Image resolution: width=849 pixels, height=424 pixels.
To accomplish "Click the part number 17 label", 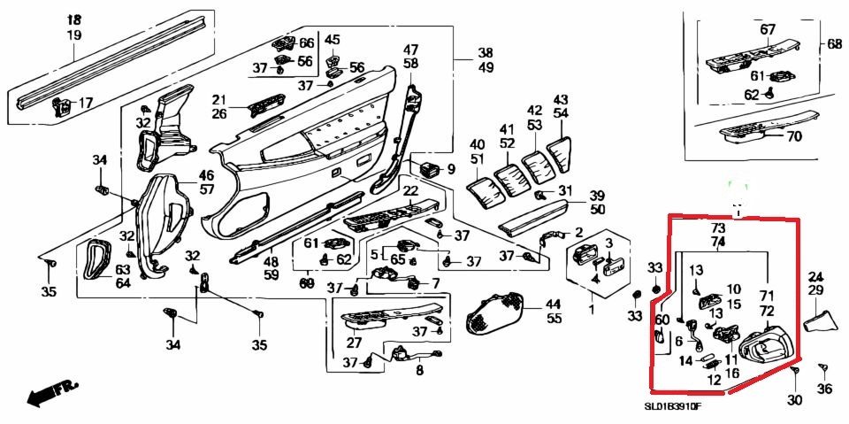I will (x=86, y=104).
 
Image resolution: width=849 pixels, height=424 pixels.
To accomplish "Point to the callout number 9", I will (x=450, y=169).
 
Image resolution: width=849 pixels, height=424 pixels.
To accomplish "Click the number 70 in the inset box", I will (x=793, y=136).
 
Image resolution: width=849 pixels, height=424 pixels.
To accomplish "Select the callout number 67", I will (x=768, y=29).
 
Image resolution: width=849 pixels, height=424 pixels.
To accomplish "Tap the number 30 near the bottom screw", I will (x=793, y=400).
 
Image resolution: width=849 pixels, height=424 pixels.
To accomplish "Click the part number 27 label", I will (x=354, y=343).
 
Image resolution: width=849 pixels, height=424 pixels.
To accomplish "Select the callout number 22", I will (x=411, y=191).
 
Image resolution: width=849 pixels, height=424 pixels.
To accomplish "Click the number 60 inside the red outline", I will (x=662, y=319).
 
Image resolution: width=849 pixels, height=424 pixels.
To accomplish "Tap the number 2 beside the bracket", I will (x=578, y=233).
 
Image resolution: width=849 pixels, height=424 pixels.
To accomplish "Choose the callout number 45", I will (x=332, y=40).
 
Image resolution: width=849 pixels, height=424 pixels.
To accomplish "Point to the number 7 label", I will (x=434, y=283).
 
